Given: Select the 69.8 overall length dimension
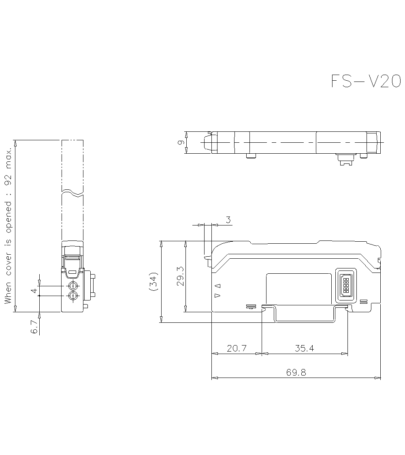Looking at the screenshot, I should (296, 372).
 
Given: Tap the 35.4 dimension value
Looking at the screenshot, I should (304, 348).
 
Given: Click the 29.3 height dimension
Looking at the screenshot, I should (180, 277).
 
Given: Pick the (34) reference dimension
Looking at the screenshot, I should (153, 282).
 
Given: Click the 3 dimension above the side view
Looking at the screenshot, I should (228, 220).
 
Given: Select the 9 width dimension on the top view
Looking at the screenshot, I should (181, 142).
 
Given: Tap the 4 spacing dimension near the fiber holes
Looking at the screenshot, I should (35, 291).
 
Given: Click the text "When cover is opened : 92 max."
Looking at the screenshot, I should (8, 226).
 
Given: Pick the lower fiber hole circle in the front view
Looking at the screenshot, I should (73, 296).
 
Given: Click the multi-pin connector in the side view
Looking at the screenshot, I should (345, 286).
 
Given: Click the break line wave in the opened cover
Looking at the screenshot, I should (72, 192).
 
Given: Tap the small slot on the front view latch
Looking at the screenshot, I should (72, 272).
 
